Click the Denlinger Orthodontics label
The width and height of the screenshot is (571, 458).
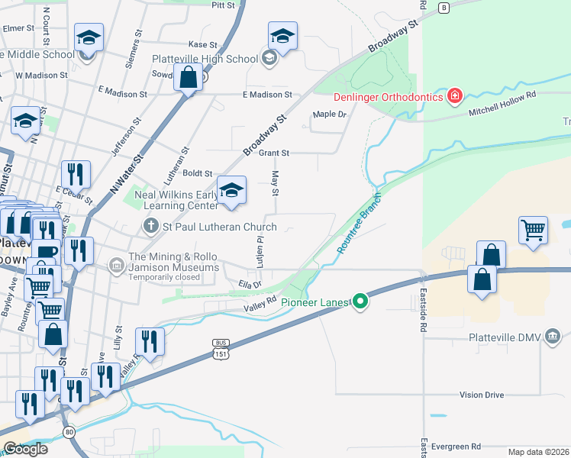[x=388, y=96]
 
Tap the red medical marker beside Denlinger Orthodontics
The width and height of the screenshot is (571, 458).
[x=454, y=95]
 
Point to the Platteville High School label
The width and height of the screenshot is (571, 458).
[x=205, y=59]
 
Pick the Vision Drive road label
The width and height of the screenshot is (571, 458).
[x=482, y=395]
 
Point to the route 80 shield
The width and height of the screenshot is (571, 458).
[x=69, y=432]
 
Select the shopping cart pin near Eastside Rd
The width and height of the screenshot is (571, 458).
[x=533, y=229]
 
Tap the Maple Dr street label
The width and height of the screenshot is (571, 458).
[x=330, y=114]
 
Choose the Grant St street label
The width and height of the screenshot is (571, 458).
[x=273, y=153]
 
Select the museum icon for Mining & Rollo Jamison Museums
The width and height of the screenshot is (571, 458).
[x=116, y=265]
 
